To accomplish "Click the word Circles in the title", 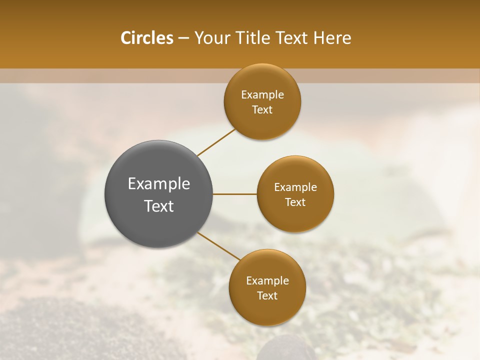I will coord(146,38).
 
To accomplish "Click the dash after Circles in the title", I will coord(183,38).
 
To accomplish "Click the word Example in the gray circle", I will coord(159,184).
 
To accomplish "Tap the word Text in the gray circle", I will coord(159,206).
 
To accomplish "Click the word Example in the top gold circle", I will coord(262,95).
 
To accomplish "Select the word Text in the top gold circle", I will coord(262,110).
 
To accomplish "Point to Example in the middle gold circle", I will coord(295,187).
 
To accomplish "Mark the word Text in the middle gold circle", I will coord(295,202).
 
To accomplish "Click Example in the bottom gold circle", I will coord(267,281).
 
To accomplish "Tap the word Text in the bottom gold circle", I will coord(267,296).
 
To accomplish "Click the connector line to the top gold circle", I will coord(216,142).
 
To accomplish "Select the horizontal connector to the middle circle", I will coord(235,194).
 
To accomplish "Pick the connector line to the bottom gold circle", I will coord(219,246).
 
